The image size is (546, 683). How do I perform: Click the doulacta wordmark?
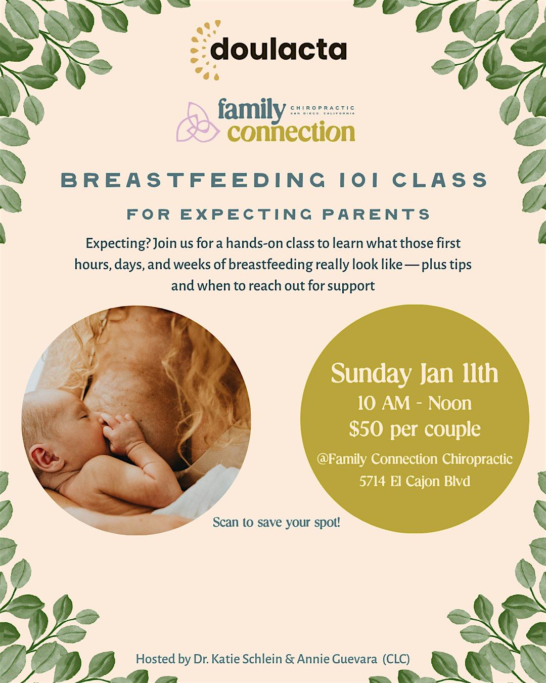click(279, 50)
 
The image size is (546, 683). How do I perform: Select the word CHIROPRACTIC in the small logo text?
click(323, 108)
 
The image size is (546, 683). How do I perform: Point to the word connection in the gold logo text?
click(291, 133)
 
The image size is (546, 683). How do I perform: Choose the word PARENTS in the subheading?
click(377, 215)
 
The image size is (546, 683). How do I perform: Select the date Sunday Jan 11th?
click(415, 374)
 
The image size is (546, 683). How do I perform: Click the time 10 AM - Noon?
click(415, 403)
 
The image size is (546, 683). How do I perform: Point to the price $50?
click(366, 430)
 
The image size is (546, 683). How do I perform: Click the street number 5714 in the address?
click(373, 481)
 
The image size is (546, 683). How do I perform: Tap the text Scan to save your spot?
click(277, 522)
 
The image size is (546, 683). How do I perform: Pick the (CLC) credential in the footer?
click(396, 659)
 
